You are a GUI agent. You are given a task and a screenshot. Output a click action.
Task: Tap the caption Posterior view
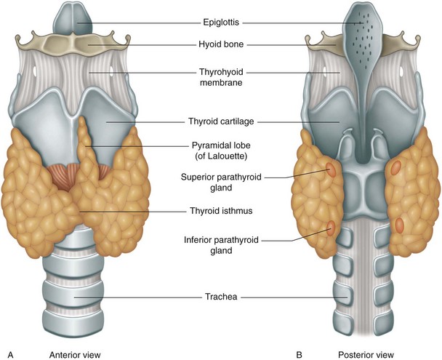[361, 354]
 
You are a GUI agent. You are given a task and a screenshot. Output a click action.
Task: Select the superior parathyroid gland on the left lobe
[331, 171]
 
